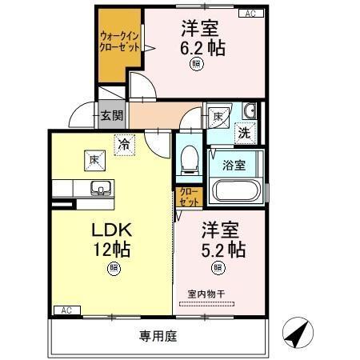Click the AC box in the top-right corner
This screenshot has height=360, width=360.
pos(250,14)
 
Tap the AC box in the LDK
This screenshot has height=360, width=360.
pos(63,310)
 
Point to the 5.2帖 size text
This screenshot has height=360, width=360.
pos(222,249)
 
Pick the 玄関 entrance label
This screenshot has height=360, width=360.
pos(111,116)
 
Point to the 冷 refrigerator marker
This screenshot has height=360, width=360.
pos(123,145)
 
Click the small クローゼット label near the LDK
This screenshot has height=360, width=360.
pos(187,197)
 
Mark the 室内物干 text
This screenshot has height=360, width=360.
pos(206,294)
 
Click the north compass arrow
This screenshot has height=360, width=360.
pos(295,333)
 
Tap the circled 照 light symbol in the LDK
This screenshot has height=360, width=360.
pos(113,269)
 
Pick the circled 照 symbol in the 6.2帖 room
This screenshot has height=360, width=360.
pos(197,67)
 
